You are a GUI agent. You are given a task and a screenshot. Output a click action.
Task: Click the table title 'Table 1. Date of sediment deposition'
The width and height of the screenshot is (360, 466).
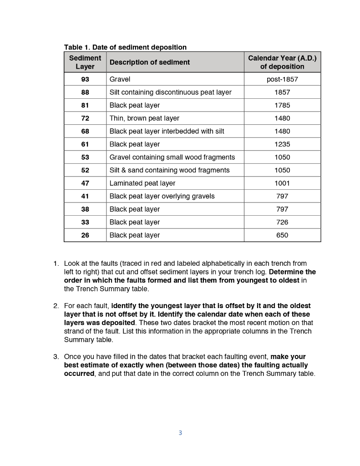point(125,47)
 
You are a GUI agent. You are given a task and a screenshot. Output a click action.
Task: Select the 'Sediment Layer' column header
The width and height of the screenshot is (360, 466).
point(85,62)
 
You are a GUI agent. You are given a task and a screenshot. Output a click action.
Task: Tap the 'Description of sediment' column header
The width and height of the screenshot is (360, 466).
point(150,62)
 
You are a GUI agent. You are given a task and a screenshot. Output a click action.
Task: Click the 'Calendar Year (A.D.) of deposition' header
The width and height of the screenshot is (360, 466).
point(282,62)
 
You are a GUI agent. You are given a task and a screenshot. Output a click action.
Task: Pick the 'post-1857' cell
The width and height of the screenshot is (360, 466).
point(282,79)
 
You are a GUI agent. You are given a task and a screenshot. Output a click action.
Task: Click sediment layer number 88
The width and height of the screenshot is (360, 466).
point(85,92)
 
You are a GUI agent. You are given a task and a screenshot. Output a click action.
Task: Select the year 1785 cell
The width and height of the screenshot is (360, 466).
point(282,105)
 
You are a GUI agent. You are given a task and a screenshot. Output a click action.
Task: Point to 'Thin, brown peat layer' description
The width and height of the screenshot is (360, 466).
point(144,118)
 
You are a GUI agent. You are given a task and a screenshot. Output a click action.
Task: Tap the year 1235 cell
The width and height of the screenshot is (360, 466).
point(282,144)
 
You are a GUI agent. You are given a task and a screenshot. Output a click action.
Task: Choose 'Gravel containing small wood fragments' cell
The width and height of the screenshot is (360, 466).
point(172,157)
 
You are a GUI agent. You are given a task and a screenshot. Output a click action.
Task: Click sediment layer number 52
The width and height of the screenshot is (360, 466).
point(85,170)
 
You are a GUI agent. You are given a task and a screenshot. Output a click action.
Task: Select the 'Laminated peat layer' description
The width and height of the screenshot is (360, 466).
point(142,183)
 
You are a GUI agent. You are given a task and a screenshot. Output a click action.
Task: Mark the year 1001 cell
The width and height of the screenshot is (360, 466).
point(282,183)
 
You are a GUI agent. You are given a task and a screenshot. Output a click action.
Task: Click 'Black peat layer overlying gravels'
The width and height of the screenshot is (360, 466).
point(162,197)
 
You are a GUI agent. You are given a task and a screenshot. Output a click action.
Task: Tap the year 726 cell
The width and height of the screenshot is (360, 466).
point(282,223)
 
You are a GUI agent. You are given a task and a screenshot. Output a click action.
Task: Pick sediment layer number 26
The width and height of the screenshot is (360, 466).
point(85,235)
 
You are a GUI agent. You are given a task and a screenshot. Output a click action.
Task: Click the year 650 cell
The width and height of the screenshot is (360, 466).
point(282,235)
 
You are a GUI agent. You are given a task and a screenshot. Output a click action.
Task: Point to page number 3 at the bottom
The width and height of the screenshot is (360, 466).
point(180,433)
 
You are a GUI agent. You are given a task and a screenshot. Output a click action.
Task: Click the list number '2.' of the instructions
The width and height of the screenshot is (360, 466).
point(56,306)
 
